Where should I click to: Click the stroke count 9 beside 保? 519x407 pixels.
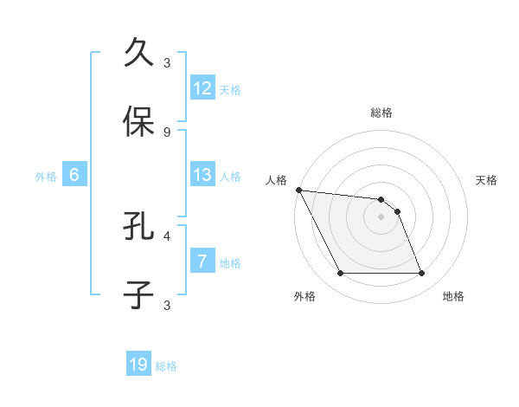(167, 132)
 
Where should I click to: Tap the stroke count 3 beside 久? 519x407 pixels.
(167, 62)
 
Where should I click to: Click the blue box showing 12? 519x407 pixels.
(202, 88)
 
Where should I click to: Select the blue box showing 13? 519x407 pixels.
(202, 175)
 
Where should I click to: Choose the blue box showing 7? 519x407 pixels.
(202, 262)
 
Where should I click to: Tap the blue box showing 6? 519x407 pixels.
(74, 175)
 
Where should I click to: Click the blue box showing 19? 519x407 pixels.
(138, 365)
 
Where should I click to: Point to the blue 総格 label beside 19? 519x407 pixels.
(166, 366)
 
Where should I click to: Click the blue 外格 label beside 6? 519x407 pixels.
(46, 176)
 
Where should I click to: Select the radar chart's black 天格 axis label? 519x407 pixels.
(487, 180)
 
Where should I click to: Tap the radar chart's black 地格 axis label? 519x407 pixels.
(453, 296)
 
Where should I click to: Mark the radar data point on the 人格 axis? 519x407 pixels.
(298, 190)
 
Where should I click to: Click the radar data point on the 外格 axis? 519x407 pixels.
(340, 274)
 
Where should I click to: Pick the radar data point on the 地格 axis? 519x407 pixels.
(422, 274)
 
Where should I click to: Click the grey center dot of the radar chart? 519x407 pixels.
(381, 216)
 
